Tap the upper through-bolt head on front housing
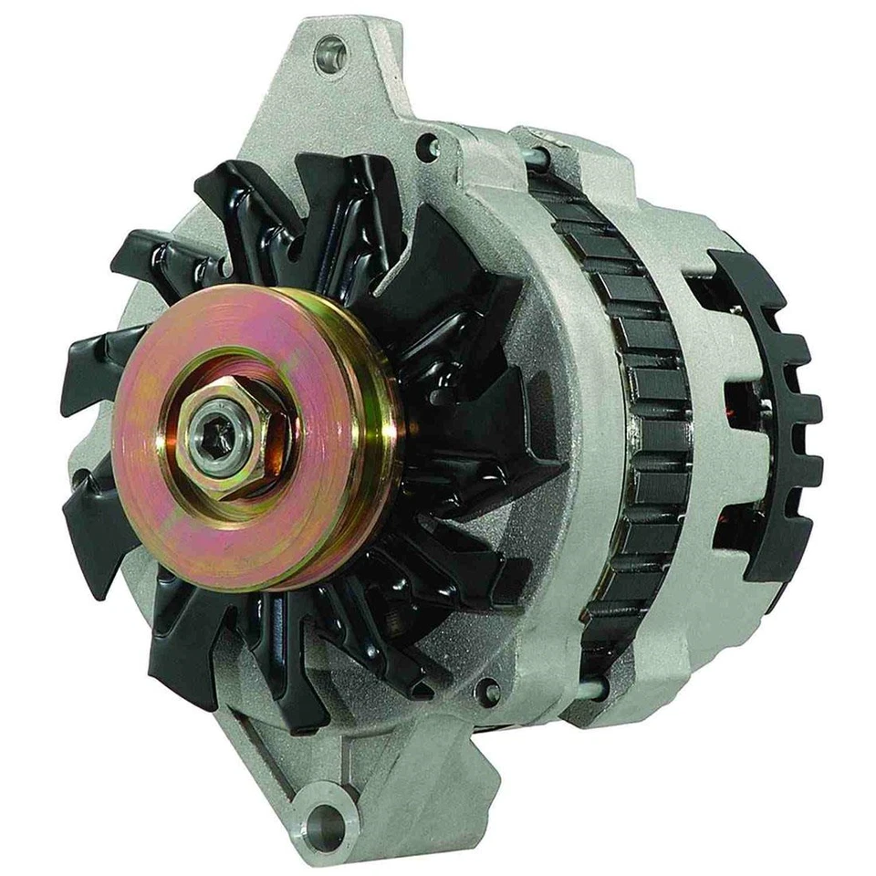(x=426, y=146)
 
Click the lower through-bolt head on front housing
(x=492, y=690)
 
